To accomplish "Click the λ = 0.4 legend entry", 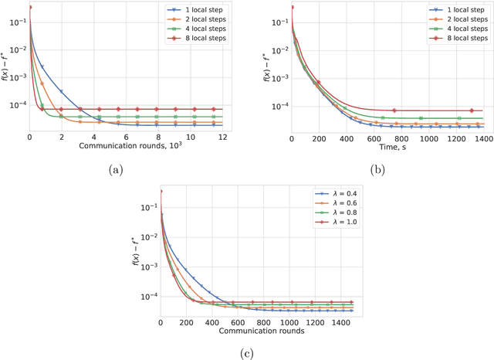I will tap(337, 194).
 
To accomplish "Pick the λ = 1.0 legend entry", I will tap(337, 221).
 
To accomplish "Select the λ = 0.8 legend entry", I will tap(337, 212).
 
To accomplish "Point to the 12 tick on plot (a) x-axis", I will tap(222, 137).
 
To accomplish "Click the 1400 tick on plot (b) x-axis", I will tap(484, 137).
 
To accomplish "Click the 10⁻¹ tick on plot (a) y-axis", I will tap(17, 22).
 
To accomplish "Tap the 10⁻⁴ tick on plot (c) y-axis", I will tap(147, 296).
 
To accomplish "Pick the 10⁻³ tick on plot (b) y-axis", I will tap(279, 78).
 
